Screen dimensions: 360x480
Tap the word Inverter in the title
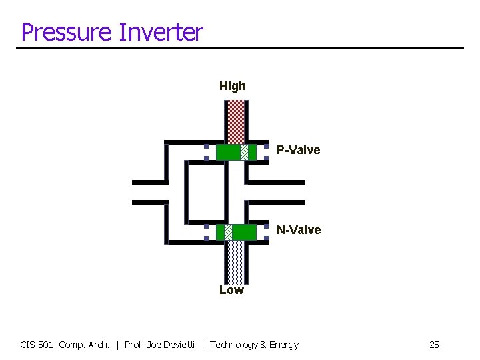click(x=160, y=32)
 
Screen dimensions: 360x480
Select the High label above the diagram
click(x=233, y=86)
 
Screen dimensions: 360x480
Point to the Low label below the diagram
click(x=232, y=290)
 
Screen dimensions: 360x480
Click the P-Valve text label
click(x=299, y=150)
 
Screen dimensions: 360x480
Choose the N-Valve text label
click(x=299, y=230)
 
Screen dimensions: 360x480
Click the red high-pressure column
click(x=236, y=121)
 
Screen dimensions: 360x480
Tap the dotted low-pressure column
click(x=236, y=261)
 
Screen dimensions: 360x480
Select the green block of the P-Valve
click(x=228, y=153)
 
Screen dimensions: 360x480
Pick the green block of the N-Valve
click(x=244, y=232)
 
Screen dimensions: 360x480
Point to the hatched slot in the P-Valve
click(x=245, y=153)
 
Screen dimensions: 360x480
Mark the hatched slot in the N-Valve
click(x=228, y=232)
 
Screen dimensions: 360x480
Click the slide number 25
click(x=434, y=345)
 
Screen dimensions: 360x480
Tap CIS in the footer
click(x=29, y=345)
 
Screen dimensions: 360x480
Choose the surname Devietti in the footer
click(x=180, y=345)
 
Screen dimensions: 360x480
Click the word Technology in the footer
click(x=234, y=345)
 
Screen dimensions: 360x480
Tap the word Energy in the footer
click(x=285, y=345)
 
